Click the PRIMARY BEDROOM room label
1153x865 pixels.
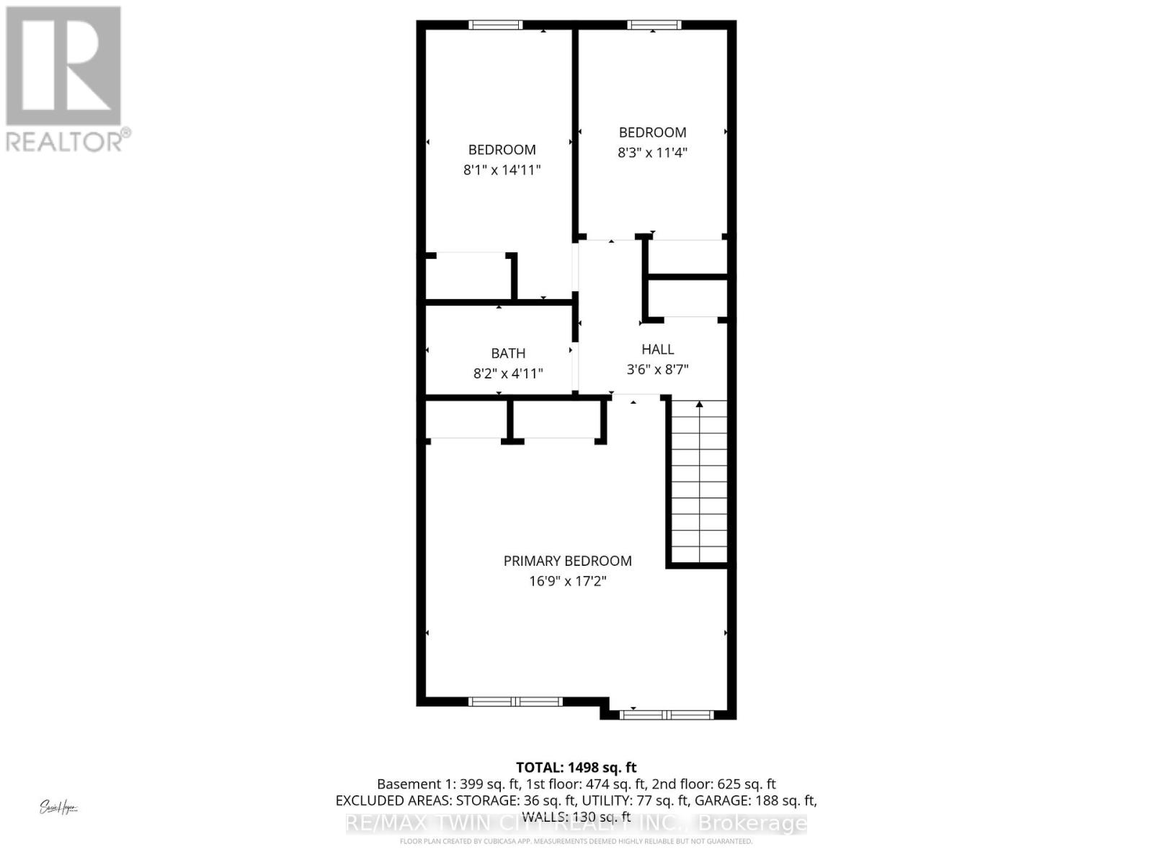click(x=567, y=561)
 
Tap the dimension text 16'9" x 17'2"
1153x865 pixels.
click(x=567, y=581)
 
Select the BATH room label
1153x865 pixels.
click(x=508, y=353)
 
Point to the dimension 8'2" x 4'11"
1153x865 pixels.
click(x=508, y=373)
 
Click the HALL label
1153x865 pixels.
click(x=657, y=349)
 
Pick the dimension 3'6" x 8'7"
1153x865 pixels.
click(x=657, y=370)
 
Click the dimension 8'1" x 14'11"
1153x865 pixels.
click(x=502, y=170)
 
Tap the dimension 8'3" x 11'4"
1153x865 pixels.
click(x=652, y=152)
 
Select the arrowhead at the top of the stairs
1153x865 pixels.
click(x=699, y=405)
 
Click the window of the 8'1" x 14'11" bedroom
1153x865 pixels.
click(x=495, y=25)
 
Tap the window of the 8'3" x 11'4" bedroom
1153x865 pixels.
click(x=654, y=25)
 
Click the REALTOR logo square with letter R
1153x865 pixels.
click(x=63, y=66)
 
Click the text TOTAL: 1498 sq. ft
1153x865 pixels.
click(x=576, y=768)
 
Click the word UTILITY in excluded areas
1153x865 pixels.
click(x=609, y=801)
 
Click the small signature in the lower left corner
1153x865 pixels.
click(x=58, y=807)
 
